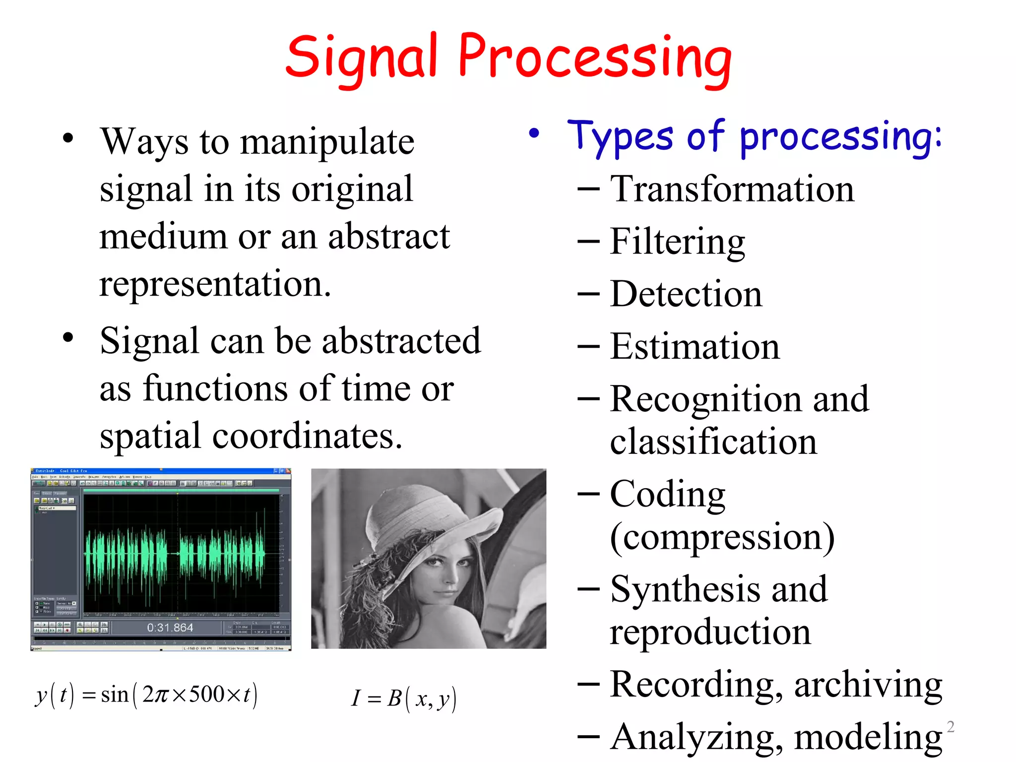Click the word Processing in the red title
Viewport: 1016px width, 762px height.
(x=595, y=59)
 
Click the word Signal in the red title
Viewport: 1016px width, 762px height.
(x=361, y=59)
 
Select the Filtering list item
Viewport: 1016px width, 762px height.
(x=677, y=242)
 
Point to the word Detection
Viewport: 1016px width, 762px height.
(x=686, y=294)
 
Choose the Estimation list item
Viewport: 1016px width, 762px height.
(x=695, y=347)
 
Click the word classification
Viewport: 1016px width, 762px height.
(x=713, y=442)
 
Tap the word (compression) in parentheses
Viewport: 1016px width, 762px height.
(x=722, y=537)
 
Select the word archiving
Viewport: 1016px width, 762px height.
(x=868, y=685)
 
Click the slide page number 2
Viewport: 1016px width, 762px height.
(x=951, y=727)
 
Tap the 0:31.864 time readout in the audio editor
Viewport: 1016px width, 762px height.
(x=170, y=628)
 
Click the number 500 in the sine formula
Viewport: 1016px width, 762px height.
(x=207, y=694)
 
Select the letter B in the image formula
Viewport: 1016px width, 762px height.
(x=394, y=698)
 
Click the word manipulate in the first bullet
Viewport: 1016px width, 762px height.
(x=327, y=142)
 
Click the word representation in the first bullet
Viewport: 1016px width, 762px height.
(x=214, y=284)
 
